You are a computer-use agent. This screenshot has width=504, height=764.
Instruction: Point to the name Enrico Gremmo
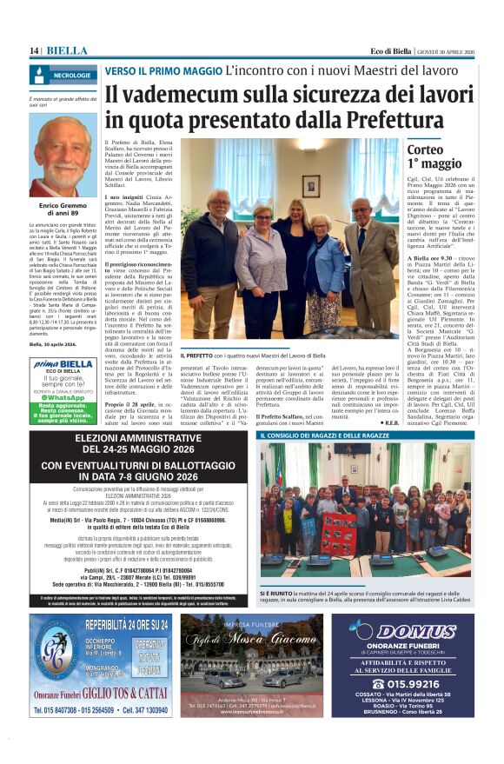click(x=63, y=205)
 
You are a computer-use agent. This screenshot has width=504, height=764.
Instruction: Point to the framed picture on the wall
click(x=311, y=185)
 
